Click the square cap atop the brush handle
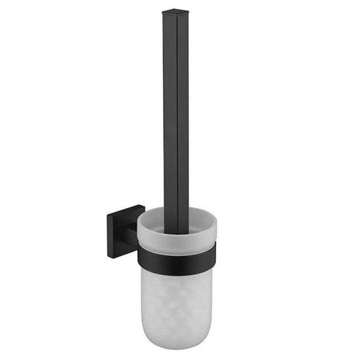coord(176,11)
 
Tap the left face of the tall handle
coord(170,114)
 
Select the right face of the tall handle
coord(183,114)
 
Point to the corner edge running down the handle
coord(177,114)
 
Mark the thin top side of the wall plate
coord(126,209)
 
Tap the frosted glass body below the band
coord(177,303)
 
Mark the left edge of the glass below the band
coord(142,297)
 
